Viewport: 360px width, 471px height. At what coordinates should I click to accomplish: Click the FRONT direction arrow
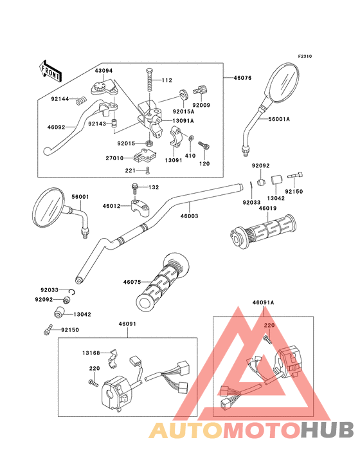pyautogui.click(x=50, y=71)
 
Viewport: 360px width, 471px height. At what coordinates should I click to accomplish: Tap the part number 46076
pyautogui.click(x=242, y=78)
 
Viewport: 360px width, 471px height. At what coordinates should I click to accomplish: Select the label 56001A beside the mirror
pyautogui.click(x=279, y=119)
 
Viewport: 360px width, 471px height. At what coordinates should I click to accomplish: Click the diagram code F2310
pyautogui.click(x=305, y=56)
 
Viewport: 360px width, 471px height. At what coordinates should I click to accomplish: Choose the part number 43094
pyautogui.click(x=104, y=71)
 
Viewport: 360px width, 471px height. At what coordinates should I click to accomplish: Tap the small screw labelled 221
pyautogui.click(x=147, y=171)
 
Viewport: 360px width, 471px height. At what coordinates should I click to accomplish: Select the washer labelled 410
pyautogui.click(x=191, y=138)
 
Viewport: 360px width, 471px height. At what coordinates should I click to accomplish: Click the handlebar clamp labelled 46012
pyautogui.click(x=139, y=207)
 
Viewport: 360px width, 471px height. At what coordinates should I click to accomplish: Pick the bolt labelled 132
pyautogui.click(x=134, y=189)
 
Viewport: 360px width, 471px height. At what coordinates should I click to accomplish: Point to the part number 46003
pyautogui.click(x=189, y=216)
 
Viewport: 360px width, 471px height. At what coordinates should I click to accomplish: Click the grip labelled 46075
pyautogui.click(x=163, y=281)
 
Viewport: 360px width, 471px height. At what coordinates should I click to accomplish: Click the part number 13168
pyautogui.click(x=91, y=353)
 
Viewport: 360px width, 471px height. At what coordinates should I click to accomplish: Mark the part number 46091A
pyautogui.click(x=264, y=302)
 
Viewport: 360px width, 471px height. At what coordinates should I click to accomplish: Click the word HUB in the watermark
pyautogui.click(x=327, y=430)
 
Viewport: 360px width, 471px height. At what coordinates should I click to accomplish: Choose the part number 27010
pyautogui.click(x=114, y=158)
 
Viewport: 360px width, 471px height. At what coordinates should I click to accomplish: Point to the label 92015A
pyautogui.click(x=184, y=111)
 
